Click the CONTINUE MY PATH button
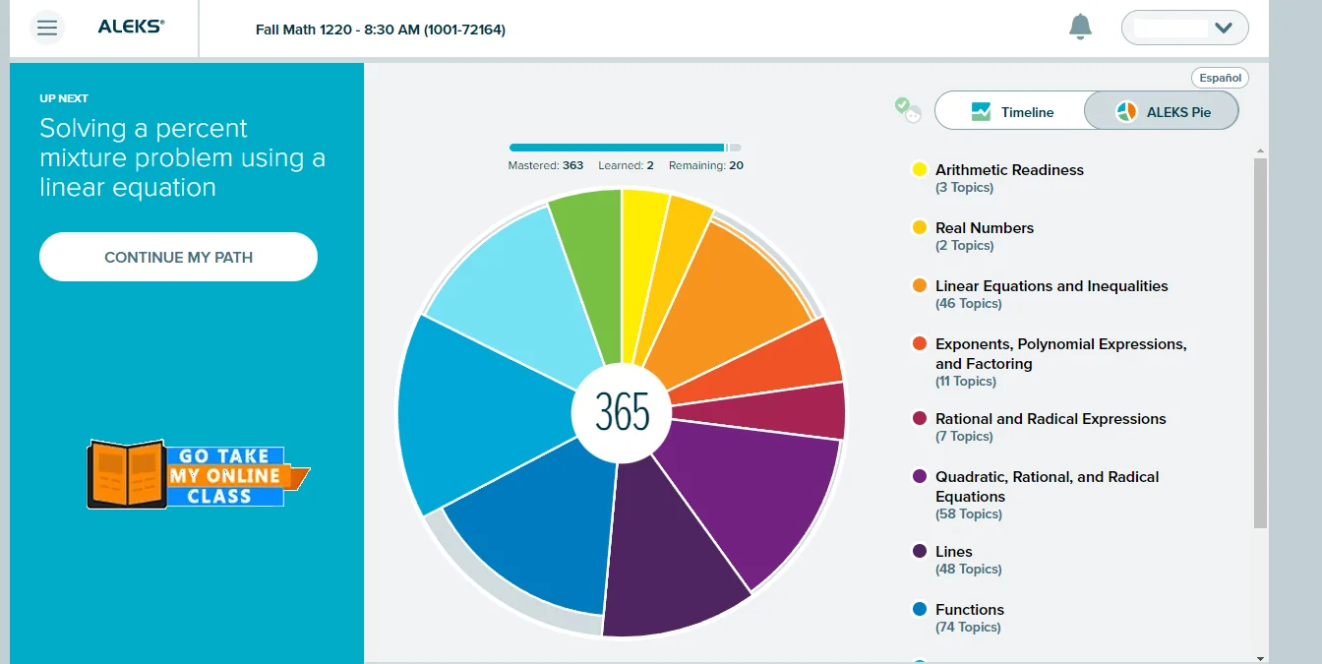178,257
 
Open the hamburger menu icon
47,28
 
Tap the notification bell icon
1080,28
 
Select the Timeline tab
1010,111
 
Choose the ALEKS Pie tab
1163,111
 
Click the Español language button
1220,78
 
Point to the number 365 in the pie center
622,412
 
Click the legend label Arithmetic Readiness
1009,169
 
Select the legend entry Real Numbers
984,227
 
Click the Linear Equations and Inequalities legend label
1052,285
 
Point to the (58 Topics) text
968,513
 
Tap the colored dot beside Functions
920,610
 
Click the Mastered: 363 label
545,165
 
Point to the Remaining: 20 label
705,165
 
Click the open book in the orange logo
126,474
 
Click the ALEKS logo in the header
131,28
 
